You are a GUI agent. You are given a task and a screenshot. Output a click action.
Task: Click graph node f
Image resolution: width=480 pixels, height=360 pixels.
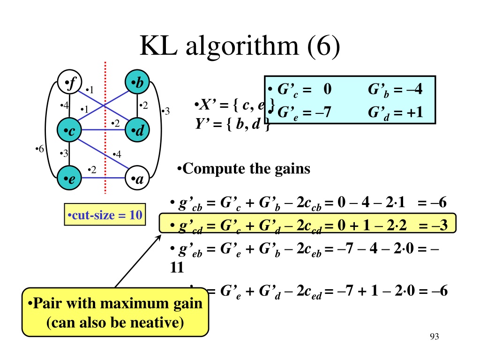(69, 84)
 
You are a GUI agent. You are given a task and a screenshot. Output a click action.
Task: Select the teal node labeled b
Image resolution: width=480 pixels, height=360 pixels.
(137, 84)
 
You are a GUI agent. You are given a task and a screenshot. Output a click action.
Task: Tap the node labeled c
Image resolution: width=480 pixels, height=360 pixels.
(69, 131)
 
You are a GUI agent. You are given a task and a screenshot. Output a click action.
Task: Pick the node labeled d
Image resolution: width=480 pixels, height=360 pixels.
(137, 131)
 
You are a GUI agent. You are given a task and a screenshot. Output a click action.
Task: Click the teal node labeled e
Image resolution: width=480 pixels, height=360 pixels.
(69, 179)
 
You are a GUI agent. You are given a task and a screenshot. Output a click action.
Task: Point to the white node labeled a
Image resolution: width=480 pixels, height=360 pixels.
(137, 179)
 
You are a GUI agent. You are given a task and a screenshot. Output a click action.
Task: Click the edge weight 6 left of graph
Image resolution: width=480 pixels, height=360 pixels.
(40, 149)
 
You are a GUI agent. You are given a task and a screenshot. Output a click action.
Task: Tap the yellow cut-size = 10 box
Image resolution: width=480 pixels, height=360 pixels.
(105, 216)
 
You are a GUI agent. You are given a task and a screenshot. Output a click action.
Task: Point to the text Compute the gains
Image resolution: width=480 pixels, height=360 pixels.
(244, 168)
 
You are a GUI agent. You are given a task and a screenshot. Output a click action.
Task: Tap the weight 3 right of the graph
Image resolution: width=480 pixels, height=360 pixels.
(165, 111)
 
